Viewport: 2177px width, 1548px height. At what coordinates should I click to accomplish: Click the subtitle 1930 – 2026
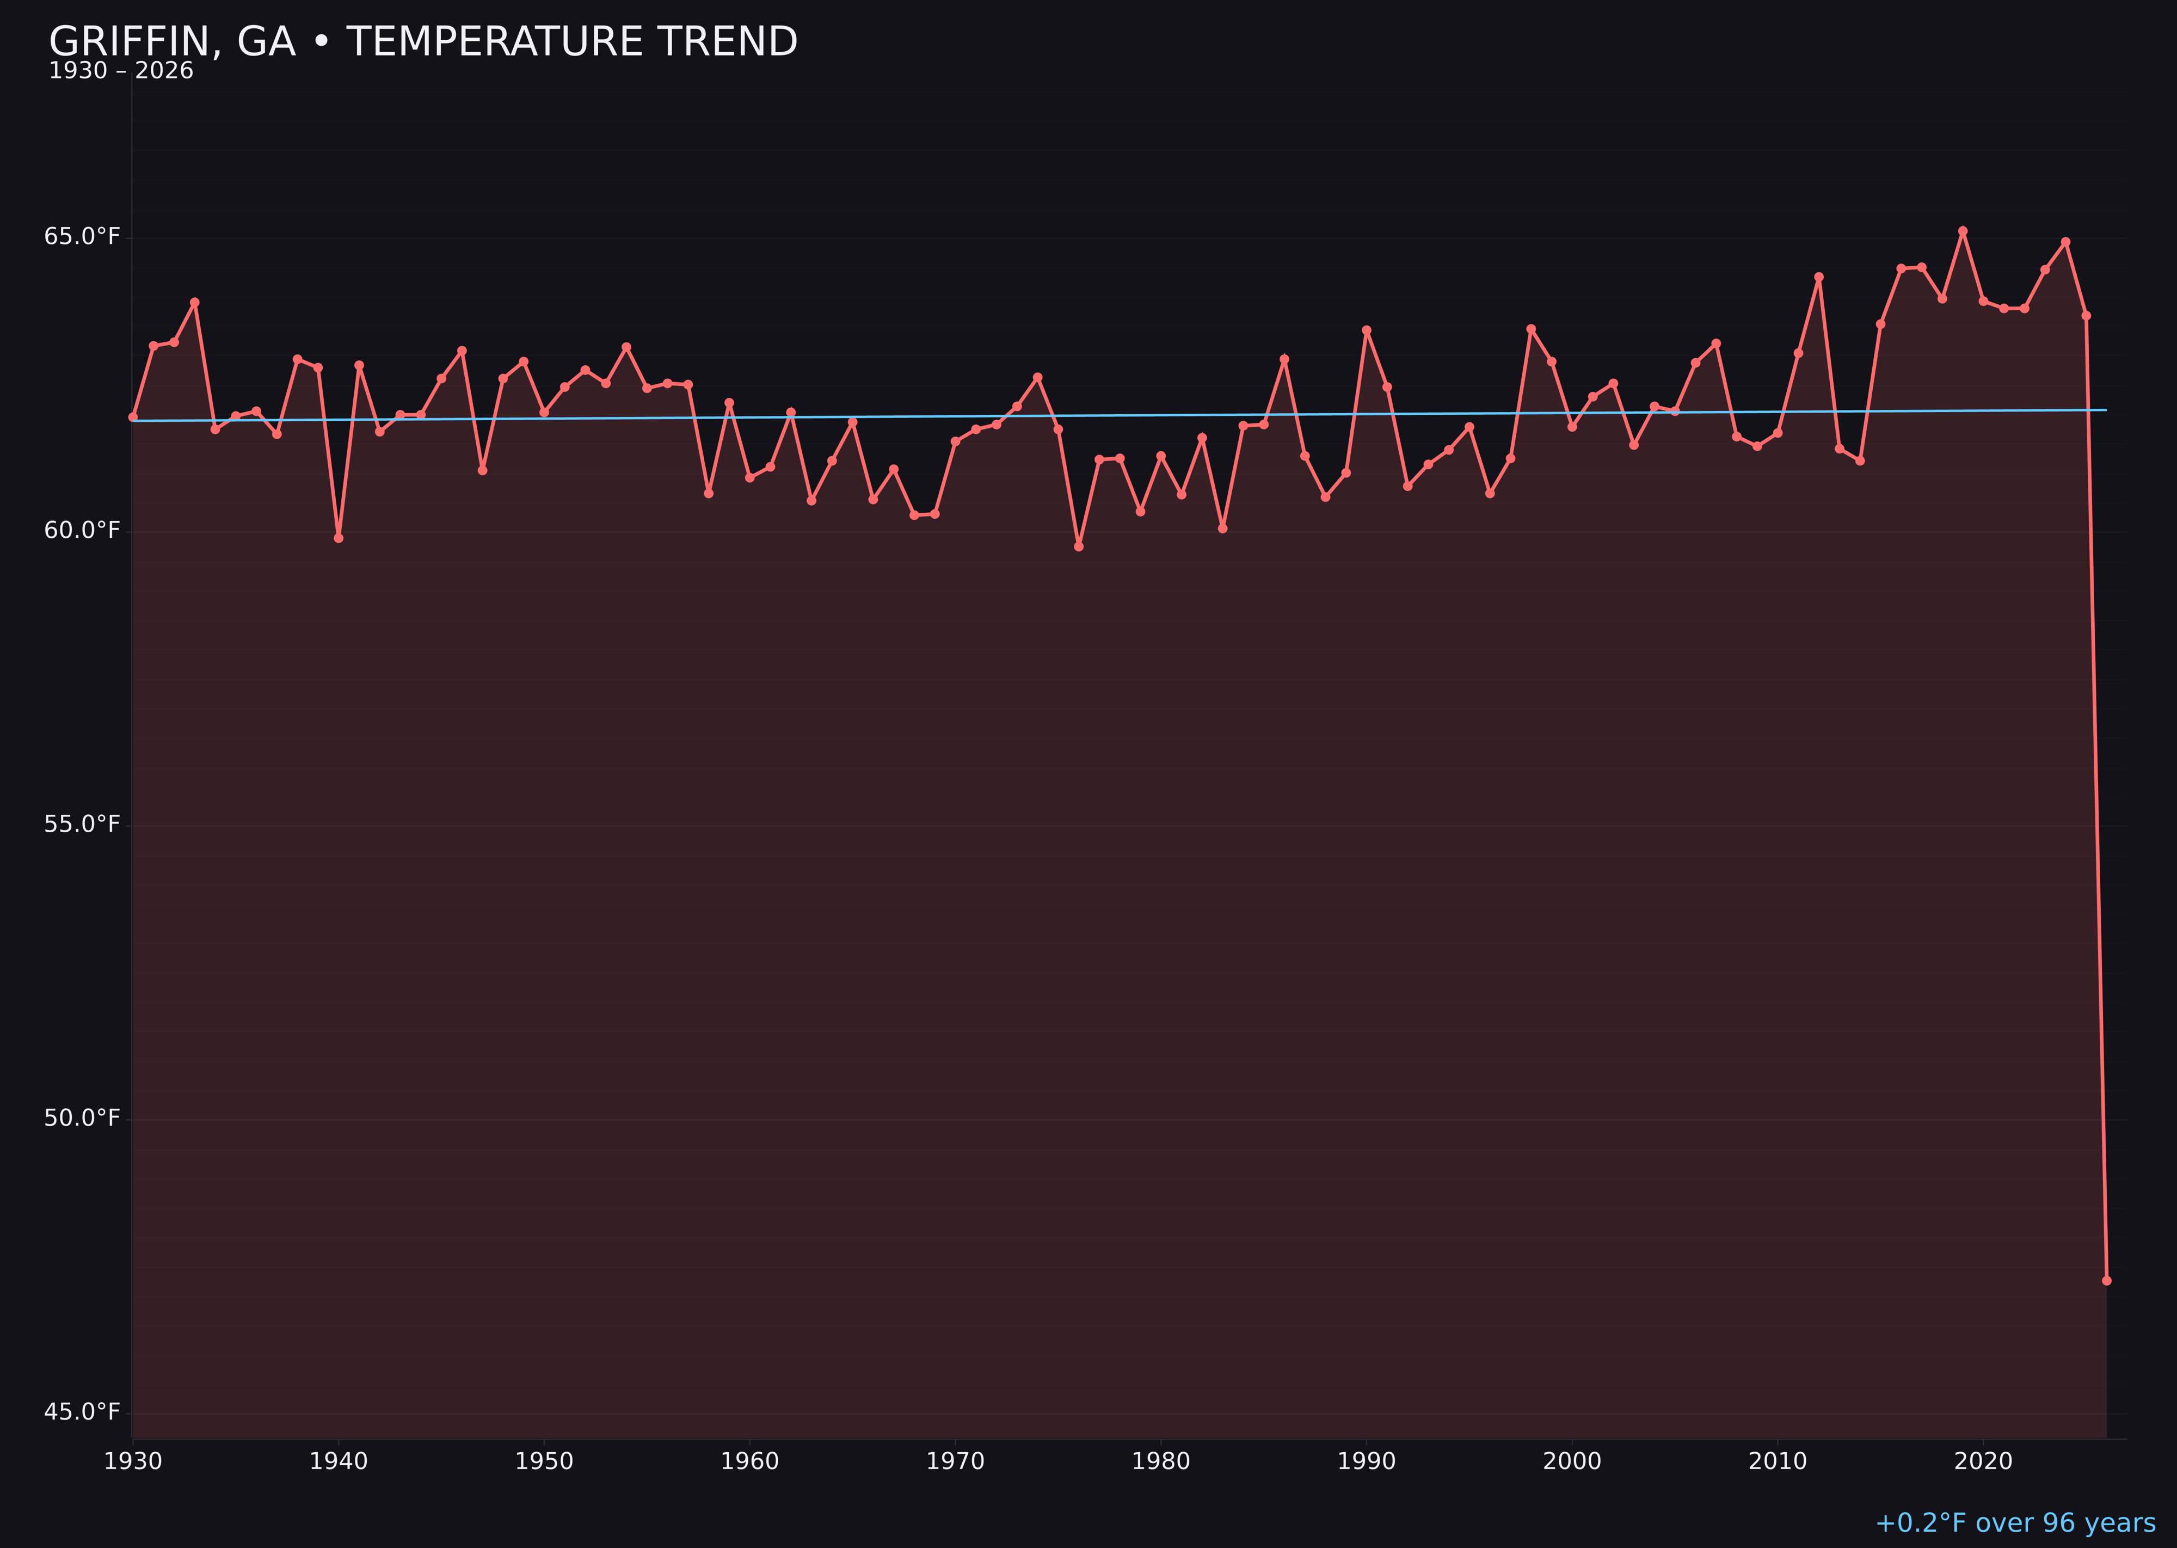(x=121, y=71)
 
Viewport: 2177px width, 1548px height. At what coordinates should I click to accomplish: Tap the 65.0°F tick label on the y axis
(x=82, y=236)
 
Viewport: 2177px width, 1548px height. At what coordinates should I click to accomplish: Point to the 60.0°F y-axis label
(x=82, y=530)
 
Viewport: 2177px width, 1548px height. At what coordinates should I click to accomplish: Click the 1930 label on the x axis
(x=133, y=1461)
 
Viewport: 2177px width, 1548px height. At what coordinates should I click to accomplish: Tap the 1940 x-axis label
(x=339, y=1461)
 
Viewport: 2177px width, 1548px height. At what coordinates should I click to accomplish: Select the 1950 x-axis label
(x=544, y=1461)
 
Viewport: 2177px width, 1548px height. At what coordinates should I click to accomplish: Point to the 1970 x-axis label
(x=955, y=1461)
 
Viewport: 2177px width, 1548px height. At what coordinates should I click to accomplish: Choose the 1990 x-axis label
(x=1366, y=1461)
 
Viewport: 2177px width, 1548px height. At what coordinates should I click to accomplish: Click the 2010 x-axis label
(x=1778, y=1461)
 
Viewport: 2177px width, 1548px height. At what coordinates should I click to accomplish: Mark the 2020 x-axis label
(x=1983, y=1461)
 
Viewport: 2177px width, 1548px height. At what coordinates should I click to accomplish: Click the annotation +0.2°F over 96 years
(x=2015, y=1523)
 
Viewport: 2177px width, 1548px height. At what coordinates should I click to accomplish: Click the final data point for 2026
(x=2106, y=1280)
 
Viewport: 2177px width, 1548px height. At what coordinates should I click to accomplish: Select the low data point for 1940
(x=339, y=538)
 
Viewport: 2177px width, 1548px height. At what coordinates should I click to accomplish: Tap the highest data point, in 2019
(x=1963, y=231)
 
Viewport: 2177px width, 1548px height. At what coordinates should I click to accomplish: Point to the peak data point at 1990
(x=1366, y=330)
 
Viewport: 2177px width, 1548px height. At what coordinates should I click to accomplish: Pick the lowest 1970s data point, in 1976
(x=1079, y=546)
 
